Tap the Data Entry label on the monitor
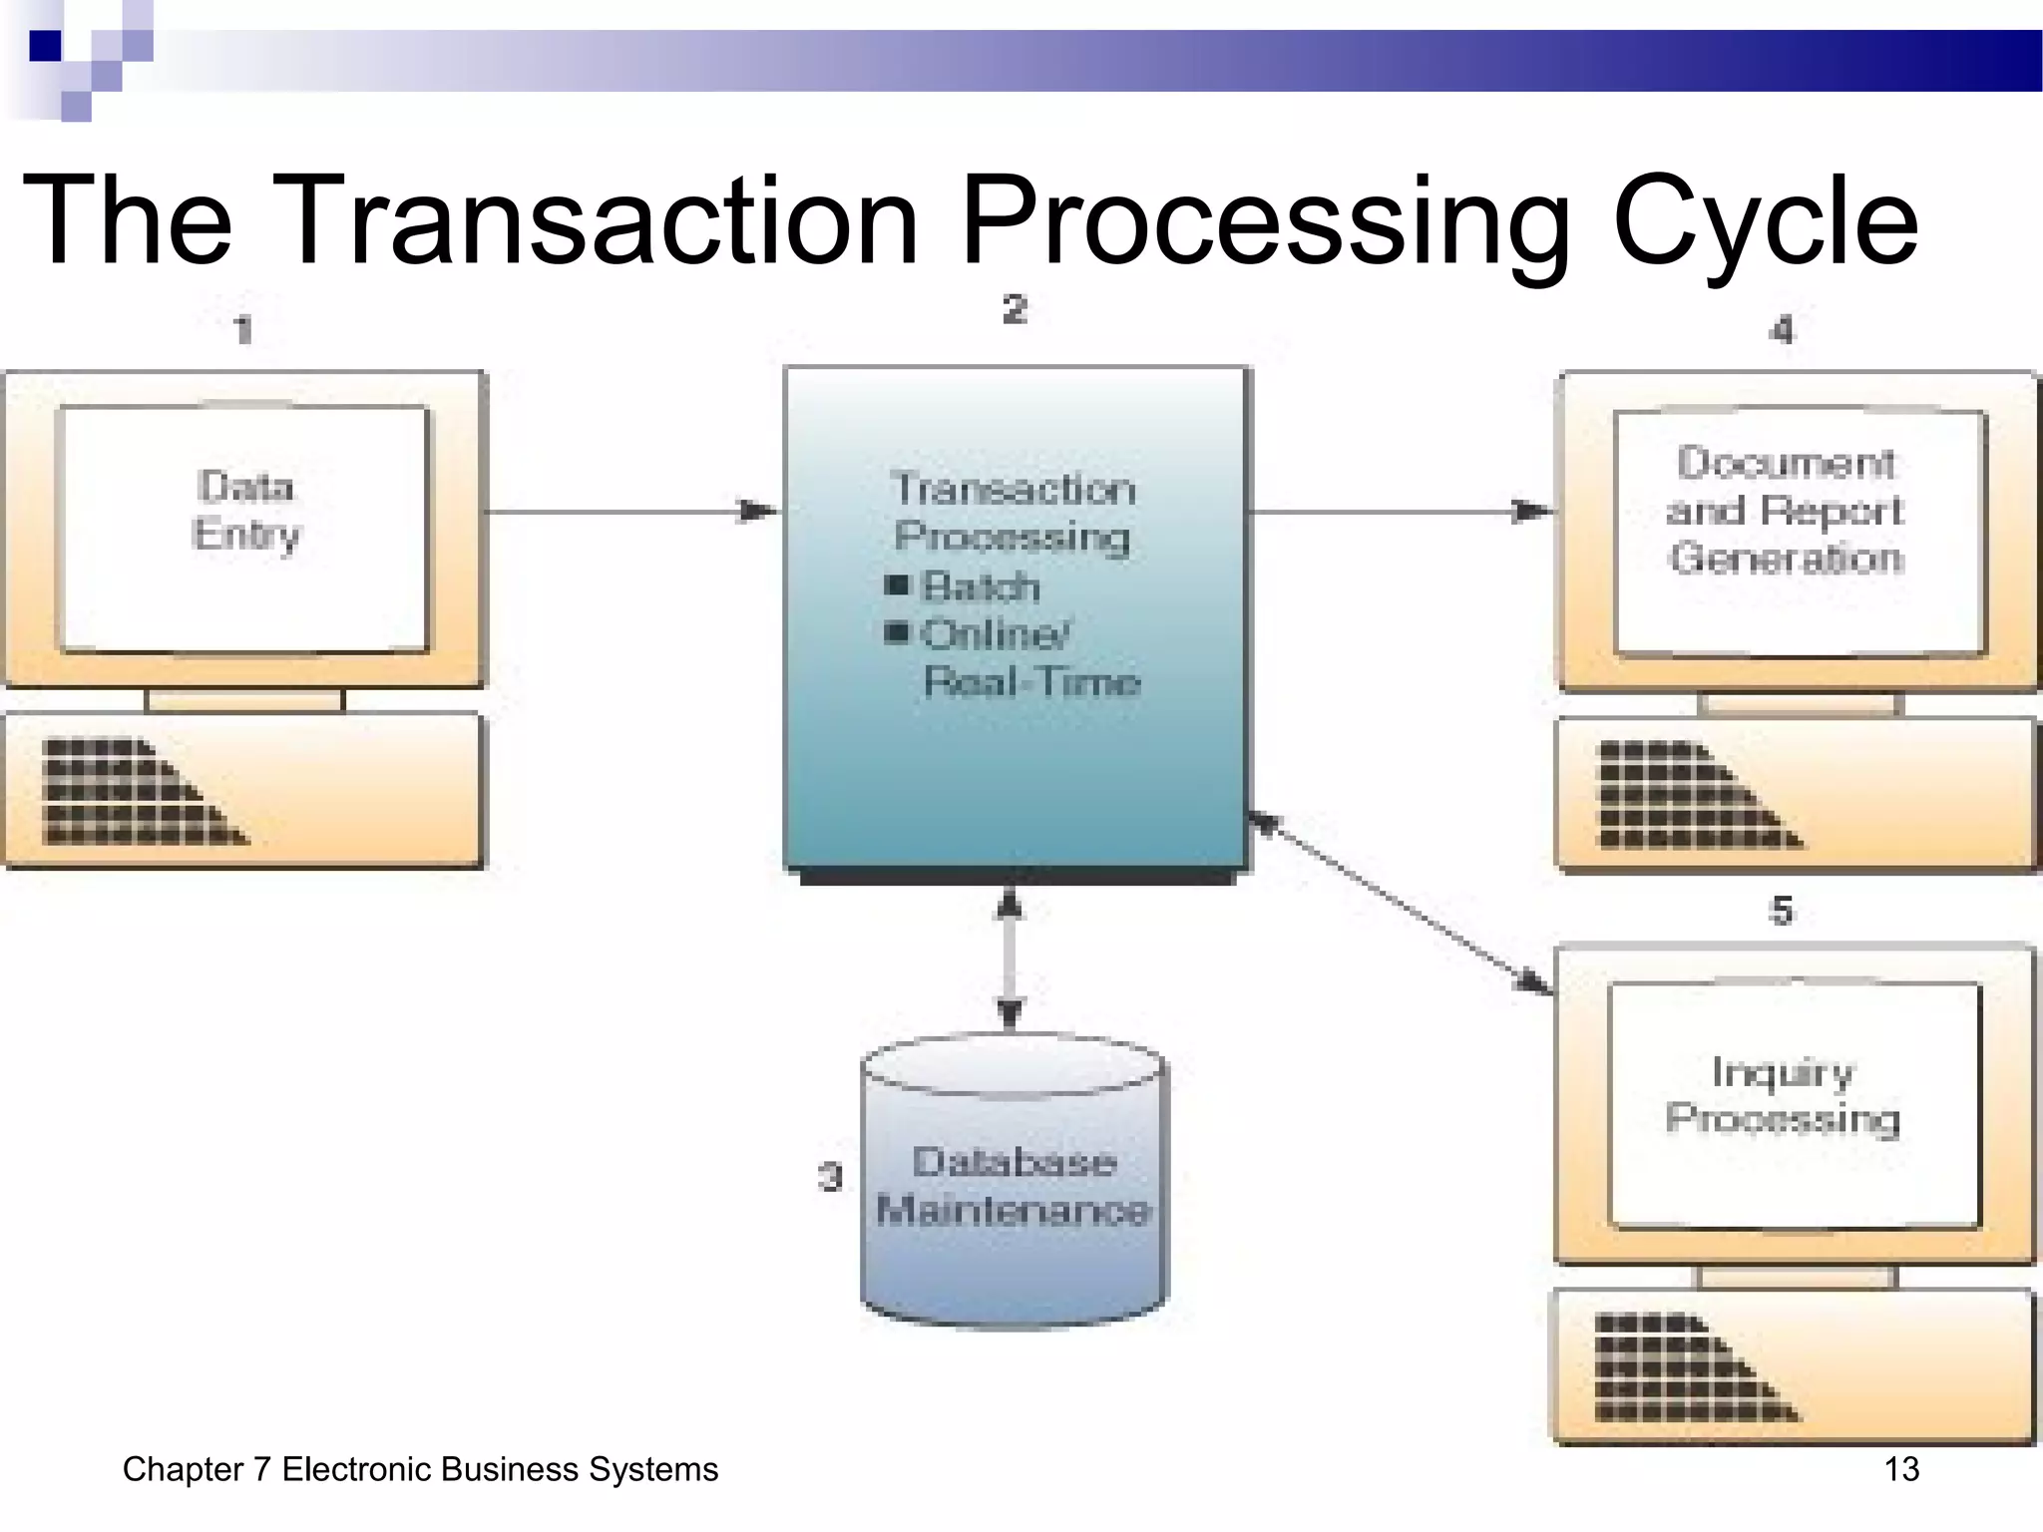click(x=246, y=510)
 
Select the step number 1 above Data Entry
click(x=242, y=329)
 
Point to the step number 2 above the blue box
click(x=1015, y=309)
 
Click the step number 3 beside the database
click(x=830, y=1177)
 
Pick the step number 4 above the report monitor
click(x=1782, y=329)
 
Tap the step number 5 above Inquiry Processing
click(x=1782, y=911)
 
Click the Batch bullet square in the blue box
click(x=897, y=584)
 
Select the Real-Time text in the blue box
click(x=1031, y=682)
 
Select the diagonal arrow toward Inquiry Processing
click(x=1401, y=903)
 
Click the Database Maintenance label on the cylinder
click(x=1014, y=1186)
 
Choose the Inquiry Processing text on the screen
click(x=1783, y=1095)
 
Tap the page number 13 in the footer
click(x=1901, y=1469)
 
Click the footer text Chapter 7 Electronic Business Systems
click(x=420, y=1469)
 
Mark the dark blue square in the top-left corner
click(x=45, y=46)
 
